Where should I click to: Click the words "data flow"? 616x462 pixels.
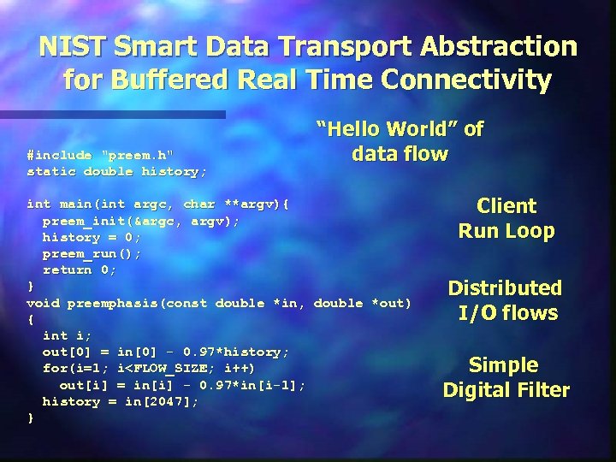coord(400,154)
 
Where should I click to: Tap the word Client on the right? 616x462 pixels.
coord(506,206)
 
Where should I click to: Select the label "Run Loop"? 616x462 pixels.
coord(506,231)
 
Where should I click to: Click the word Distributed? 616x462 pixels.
coord(506,288)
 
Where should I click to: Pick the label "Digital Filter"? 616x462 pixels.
coord(506,390)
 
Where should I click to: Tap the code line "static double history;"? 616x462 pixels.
coord(116,171)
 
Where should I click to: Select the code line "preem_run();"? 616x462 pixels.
coord(92,253)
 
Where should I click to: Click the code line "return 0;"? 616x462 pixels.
coord(80,269)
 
